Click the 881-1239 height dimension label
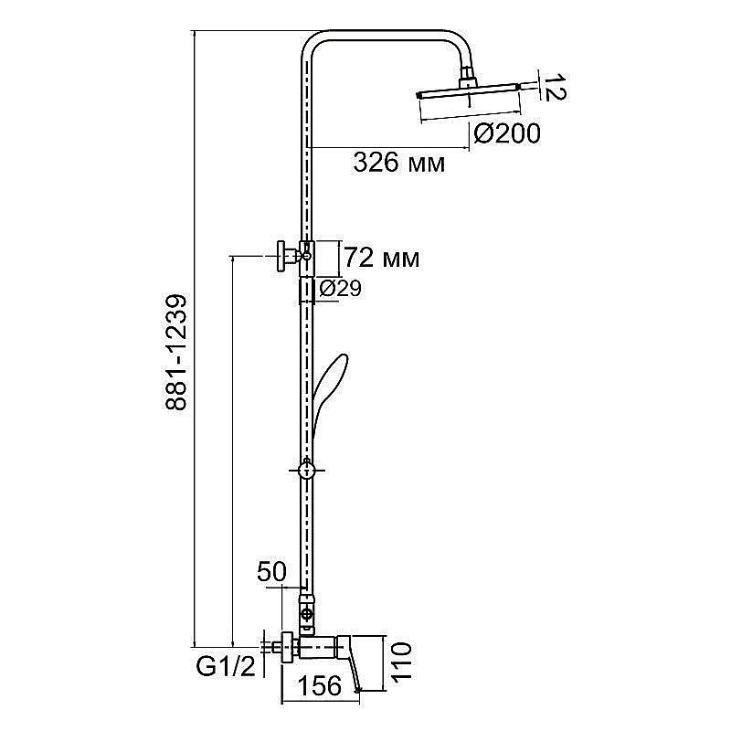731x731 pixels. (176, 352)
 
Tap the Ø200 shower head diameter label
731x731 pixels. (507, 134)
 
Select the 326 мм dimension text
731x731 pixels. (399, 163)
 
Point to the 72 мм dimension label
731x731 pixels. (382, 259)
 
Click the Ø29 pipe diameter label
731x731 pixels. (340, 289)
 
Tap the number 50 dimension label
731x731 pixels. (271, 573)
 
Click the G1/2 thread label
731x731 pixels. (226, 667)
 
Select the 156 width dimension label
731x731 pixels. (320, 686)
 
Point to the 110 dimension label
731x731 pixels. (401, 661)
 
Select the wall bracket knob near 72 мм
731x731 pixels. (283, 256)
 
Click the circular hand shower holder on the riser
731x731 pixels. (306, 471)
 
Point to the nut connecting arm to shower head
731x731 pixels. (466, 79)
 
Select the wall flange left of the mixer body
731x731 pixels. (289, 646)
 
